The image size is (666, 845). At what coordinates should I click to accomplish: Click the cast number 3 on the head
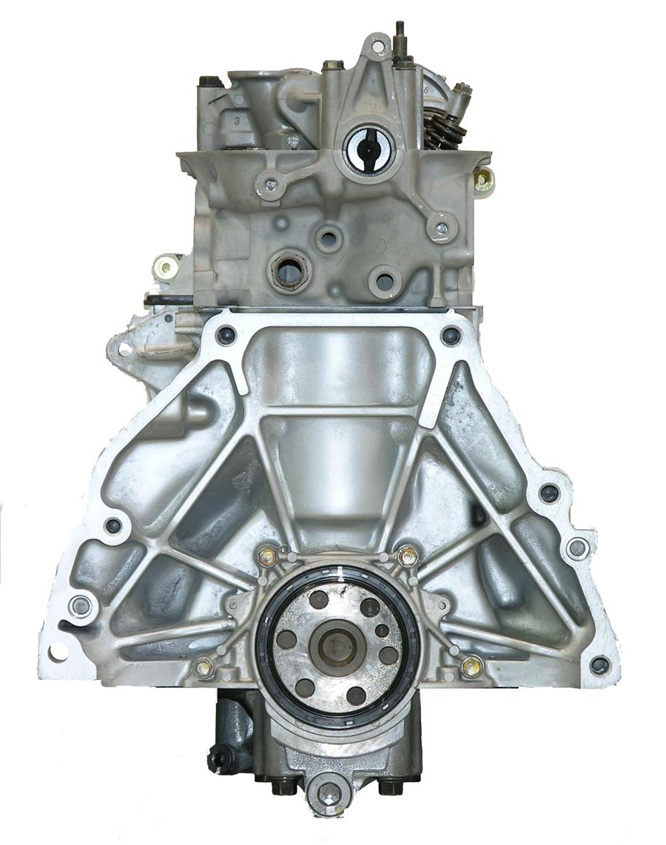236,119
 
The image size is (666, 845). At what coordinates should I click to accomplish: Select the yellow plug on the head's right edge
484,178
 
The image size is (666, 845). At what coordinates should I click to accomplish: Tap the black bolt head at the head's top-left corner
210,81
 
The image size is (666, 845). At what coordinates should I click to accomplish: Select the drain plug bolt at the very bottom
328,794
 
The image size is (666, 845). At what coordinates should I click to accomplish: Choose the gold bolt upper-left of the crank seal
268,556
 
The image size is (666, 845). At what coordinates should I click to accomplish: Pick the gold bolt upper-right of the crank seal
407,556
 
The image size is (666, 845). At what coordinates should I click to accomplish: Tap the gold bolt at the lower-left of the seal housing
203,667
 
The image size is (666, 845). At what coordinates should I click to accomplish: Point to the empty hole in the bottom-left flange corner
57,651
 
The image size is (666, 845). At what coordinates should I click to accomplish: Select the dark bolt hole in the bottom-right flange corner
599,664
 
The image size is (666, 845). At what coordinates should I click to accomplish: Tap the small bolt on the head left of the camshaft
270,185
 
